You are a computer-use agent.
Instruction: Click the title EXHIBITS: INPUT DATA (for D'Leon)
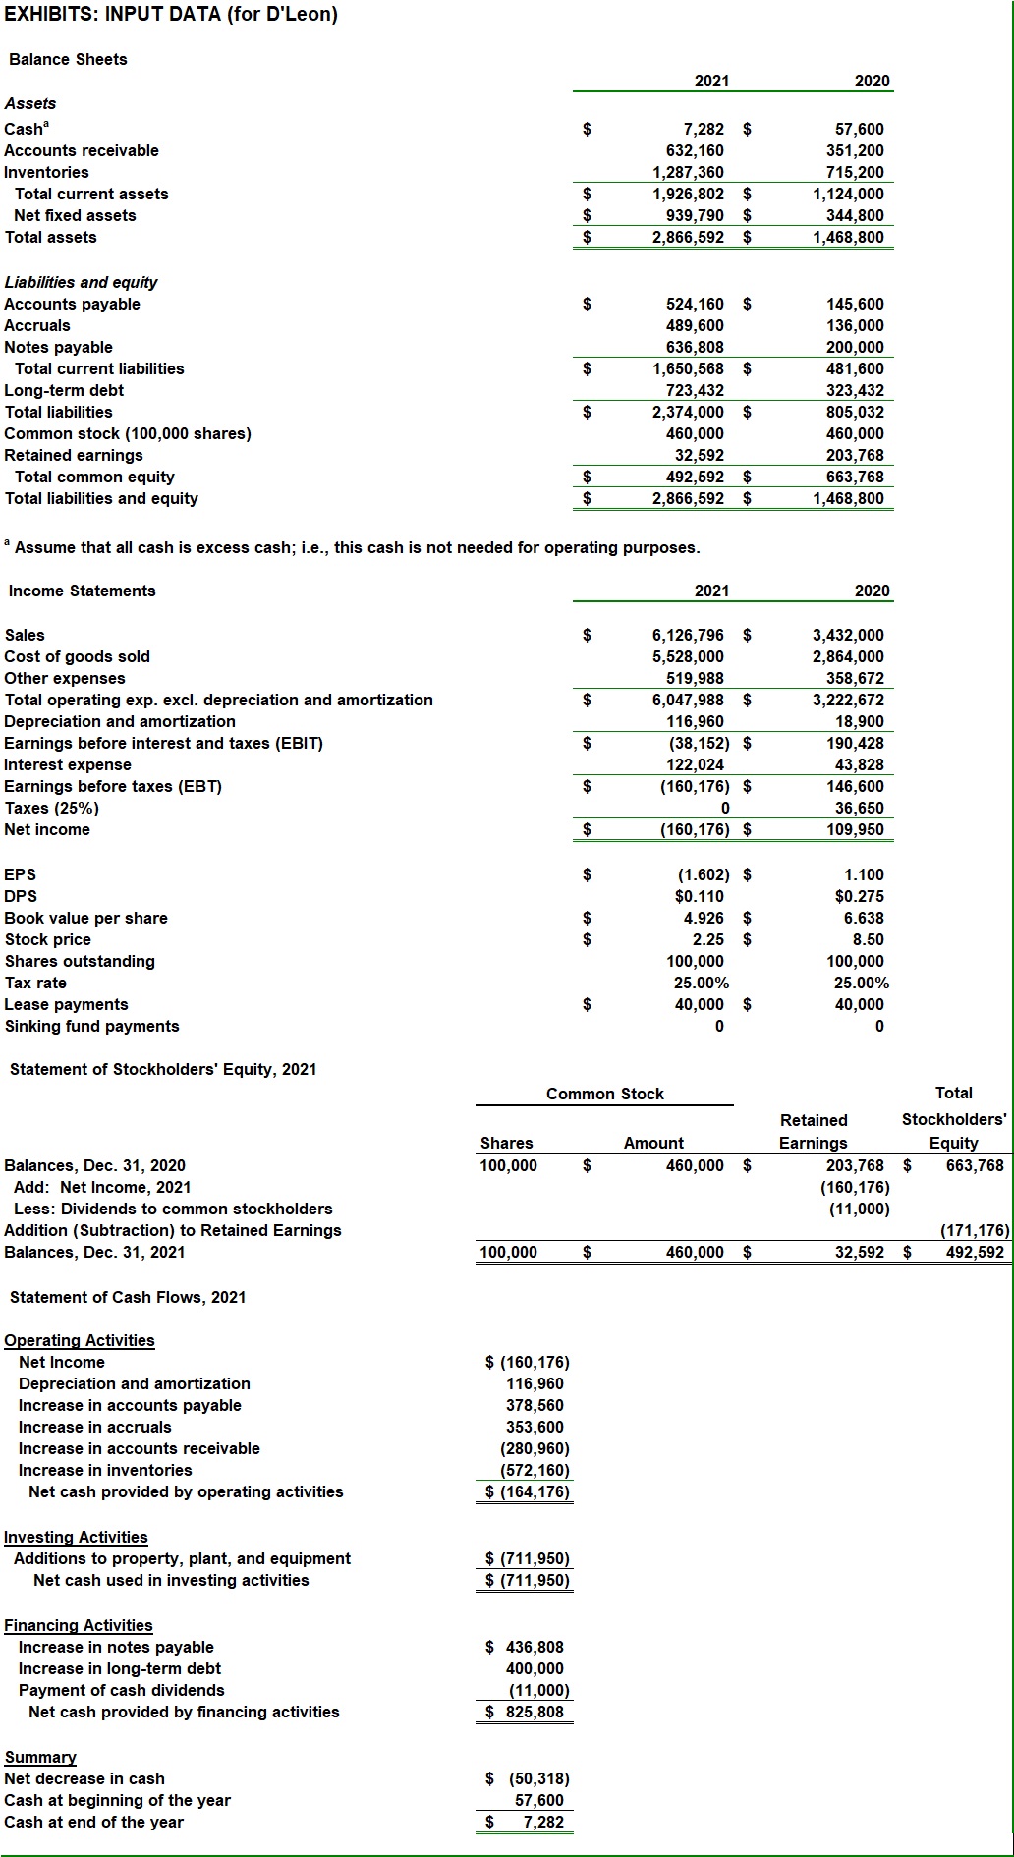click(171, 14)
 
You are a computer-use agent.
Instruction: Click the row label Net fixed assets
click(75, 215)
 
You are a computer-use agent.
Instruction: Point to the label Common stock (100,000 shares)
click(128, 433)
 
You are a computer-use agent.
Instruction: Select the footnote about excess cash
click(354, 547)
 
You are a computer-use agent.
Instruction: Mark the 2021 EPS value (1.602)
click(704, 874)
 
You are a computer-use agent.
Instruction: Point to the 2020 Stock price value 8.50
click(868, 939)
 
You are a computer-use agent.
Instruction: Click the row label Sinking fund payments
click(92, 1026)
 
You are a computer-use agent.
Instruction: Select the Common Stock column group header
click(604, 1094)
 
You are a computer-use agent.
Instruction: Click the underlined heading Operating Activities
click(80, 1340)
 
